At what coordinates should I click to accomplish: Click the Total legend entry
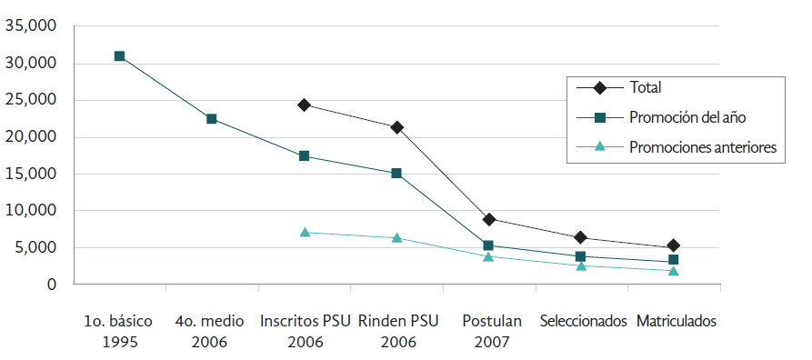click(644, 88)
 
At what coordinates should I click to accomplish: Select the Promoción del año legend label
click(687, 117)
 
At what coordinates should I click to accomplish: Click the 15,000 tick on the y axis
click(32, 174)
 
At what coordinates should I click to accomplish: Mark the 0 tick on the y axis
click(51, 285)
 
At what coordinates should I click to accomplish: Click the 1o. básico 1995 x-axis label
click(118, 331)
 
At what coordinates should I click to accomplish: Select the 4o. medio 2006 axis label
click(211, 331)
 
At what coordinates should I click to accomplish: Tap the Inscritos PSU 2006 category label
click(305, 331)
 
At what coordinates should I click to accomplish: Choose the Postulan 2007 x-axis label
click(489, 331)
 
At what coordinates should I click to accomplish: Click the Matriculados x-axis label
click(677, 322)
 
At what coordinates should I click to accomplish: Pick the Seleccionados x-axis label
click(583, 322)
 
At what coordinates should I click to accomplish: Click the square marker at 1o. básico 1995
click(119, 56)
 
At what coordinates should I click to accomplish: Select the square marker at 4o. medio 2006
click(211, 119)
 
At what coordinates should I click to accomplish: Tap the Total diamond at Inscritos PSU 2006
click(304, 105)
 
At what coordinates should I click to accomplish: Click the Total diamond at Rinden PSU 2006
click(396, 127)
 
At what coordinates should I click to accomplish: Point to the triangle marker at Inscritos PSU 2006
click(304, 232)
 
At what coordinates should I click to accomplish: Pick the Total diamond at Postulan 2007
click(489, 219)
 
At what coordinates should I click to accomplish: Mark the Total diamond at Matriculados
click(674, 245)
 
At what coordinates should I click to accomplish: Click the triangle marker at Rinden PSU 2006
click(396, 237)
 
